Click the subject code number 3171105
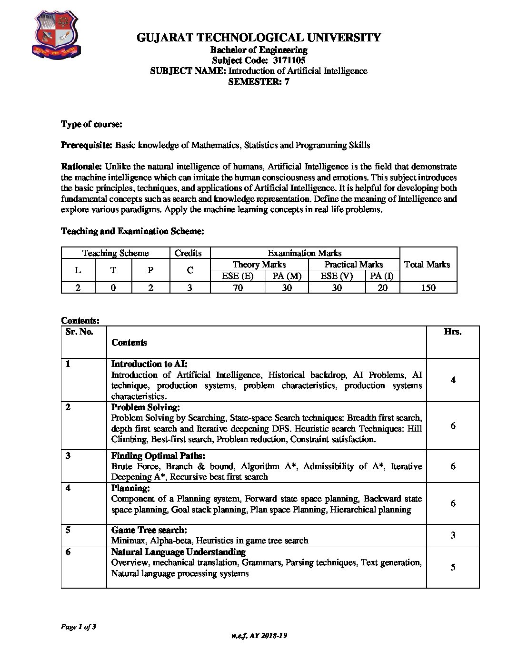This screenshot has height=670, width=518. point(289,60)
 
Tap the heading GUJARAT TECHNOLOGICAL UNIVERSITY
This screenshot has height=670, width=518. point(259,38)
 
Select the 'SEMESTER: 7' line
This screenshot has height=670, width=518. point(259,81)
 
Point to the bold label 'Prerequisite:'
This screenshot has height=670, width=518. point(87,145)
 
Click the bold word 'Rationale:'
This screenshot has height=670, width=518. point(81,167)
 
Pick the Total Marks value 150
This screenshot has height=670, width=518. point(428,287)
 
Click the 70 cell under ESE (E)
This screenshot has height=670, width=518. point(238,287)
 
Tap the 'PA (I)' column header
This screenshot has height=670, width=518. point(382,276)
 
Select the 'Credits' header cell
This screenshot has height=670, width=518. point(188,253)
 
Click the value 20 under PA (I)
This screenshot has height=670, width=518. point(382,287)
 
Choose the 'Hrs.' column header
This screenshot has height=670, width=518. point(452,332)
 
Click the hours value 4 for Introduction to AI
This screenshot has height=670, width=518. point(453,380)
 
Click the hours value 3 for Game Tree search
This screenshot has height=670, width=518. point(453,535)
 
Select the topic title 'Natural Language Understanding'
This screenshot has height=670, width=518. point(179,552)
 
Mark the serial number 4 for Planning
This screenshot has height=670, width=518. point(68,488)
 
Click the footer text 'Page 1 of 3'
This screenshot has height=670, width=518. point(79,627)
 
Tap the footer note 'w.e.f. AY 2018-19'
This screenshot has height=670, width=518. point(259,636)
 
